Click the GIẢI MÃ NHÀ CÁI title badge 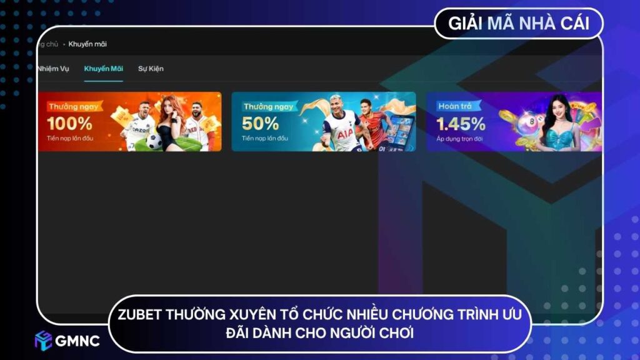coord(518,24)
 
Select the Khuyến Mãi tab coord(103,69)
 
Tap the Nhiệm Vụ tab coord(53,69)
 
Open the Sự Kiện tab coord(151,69)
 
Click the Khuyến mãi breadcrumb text coord(88,44)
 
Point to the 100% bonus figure coord(69,123)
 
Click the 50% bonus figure coord(260,123)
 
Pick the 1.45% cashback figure coord(461,123)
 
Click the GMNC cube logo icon coord(43,340)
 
